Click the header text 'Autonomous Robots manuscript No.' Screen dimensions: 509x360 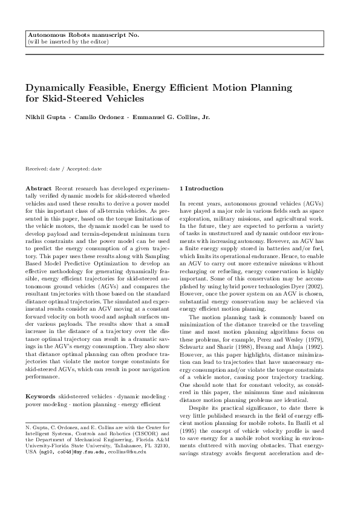(83, 36)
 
